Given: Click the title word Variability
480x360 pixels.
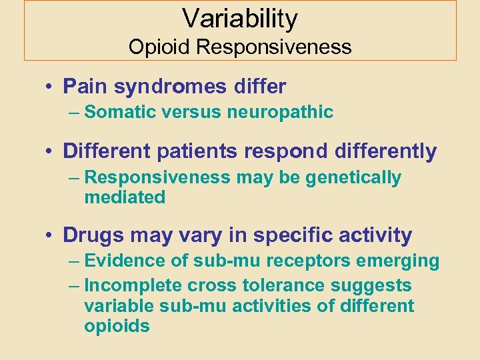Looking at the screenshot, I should click(240, 19).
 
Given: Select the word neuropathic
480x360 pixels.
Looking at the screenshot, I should click(280, 112).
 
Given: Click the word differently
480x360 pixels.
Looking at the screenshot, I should click(382, 152).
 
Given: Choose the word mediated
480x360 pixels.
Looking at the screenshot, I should click(125, 197).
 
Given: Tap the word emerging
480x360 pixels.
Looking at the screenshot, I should click(403, 261).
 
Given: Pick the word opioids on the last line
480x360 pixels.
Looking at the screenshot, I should click(117, 326).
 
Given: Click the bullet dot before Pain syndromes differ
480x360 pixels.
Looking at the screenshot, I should click(51, 87).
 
